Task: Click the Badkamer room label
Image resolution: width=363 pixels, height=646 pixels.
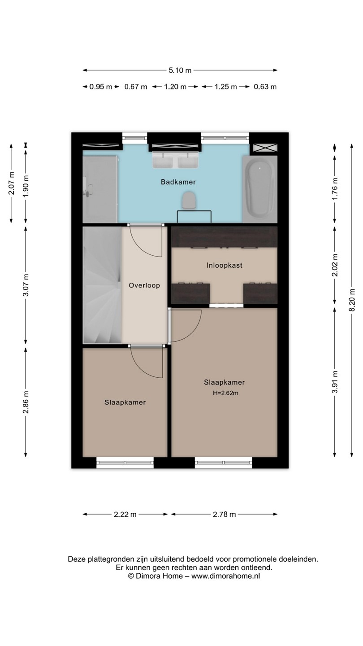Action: pyautogui.click(x=178, y=182)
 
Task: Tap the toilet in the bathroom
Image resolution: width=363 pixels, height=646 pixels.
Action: pyautogui.click(x=189, y=201)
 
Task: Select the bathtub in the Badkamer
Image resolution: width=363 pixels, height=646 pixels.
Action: pyautogui.click(x=259, y=189)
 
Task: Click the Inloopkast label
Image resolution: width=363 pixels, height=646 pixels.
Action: pyautogui.click(x=224, y=265)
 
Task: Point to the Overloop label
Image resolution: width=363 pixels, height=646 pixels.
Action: pyautogui.click(x=144, y=285)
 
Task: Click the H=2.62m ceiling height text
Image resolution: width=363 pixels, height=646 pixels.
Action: pyautogui.click(x=225, y=393)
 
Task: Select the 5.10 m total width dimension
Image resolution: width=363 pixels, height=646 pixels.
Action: pyautogui.click(x=180, y=70)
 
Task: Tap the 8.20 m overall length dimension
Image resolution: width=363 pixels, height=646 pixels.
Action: pyautogui.click(x=351, y=300)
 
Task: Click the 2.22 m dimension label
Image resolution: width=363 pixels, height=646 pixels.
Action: pyautogui.click(x=125, y=514)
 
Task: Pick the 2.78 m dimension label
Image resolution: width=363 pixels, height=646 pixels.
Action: pyautogui.click(x=225, y=514)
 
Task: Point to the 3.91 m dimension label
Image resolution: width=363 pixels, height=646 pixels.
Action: pyautogui.click(x=335, y=382)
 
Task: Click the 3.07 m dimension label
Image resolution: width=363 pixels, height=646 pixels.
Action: pyautogui.click(x=26, y=285)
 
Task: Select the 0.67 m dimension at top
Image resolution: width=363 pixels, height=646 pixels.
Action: pyautogui.click(x=136, y=87)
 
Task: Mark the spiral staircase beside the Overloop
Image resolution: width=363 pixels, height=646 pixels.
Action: pyautogui.click(x=102, y=284)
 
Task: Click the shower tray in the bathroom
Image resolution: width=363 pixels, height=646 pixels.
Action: pyautogui.click(x=100, y=189)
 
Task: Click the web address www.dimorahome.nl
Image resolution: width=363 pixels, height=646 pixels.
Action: pyautogui.click(x=225, y=576)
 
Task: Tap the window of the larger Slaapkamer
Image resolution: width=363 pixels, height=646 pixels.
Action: pyautogui.click(x=224, y=463)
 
